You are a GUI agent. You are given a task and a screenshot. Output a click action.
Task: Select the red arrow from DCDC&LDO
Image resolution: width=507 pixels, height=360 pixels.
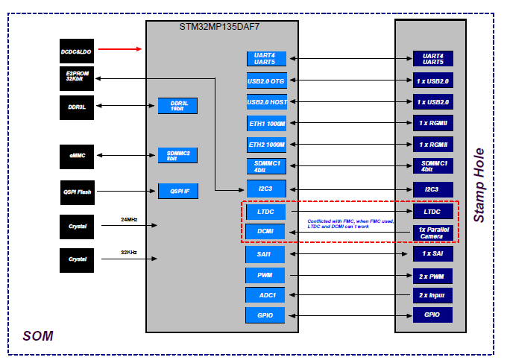click(119, 50)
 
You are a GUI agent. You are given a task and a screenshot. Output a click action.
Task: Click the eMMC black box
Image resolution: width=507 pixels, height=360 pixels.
click(77, 155)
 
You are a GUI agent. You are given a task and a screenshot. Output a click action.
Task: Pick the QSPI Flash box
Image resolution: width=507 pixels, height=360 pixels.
click(77, 192)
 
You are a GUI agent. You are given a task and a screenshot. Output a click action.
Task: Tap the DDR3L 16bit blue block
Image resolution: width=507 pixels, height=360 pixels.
click(177, 106)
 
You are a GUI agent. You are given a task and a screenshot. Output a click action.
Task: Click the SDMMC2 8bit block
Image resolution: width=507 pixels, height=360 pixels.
click(177, 155)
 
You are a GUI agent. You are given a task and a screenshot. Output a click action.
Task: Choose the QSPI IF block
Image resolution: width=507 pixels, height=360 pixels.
click(177, 192)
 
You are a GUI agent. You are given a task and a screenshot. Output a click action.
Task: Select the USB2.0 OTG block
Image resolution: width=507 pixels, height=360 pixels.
click(266, 80)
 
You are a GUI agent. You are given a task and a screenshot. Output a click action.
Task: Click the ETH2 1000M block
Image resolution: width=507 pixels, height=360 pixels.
click(266, 144)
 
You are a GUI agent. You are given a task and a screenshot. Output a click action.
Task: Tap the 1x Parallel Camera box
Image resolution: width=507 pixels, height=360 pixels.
click(432, 233)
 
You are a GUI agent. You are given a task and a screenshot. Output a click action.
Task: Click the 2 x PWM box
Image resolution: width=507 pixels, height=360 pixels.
click(432, 275)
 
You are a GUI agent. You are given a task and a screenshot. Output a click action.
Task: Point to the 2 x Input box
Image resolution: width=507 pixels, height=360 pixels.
click(432, 295)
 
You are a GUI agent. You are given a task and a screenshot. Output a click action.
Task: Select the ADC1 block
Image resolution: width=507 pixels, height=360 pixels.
click(266, 295)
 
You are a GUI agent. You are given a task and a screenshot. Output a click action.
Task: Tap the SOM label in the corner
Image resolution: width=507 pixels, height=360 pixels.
click(38, 336)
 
